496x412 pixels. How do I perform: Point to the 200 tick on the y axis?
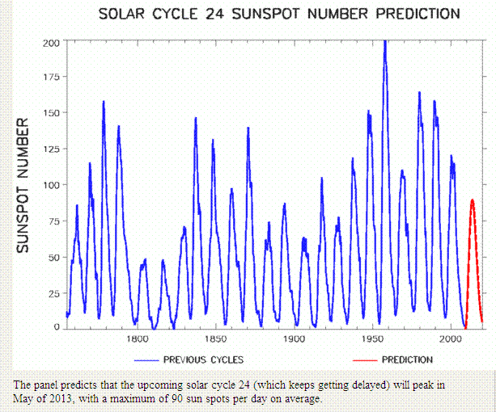click(x=49, y=42)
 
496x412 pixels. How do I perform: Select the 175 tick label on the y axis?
click(x=49, y=78)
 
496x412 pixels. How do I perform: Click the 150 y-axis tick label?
click(x=49, y=113)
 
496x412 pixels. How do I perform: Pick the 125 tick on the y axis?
click(x=49, y=149)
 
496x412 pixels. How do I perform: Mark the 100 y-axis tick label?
click(x=49, y=185)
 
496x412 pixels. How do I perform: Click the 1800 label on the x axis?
click(x=136, y=339)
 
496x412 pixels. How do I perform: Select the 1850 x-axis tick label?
click(x=215, y=339)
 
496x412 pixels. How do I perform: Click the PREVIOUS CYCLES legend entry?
click(x=203, y=359)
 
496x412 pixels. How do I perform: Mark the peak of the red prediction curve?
click(x=473, y=200)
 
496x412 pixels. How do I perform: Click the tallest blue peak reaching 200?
click(x=385, y=42)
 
